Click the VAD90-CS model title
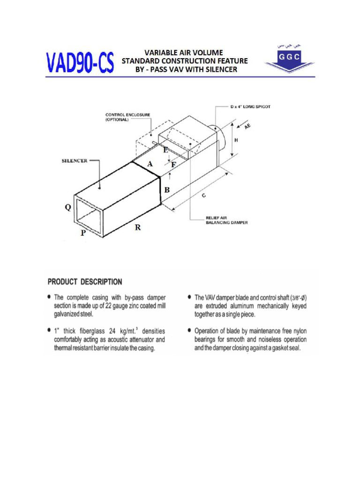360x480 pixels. [x=80, y=63]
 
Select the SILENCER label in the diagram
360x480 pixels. [x=75, y=161]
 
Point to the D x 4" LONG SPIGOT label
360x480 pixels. [x=250, y=107]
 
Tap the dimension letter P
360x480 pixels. [x=83, y=233]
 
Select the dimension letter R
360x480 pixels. [x=138, y=227]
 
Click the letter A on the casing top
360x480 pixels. [x=150, y=164]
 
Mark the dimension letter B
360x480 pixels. [x=166, y=190]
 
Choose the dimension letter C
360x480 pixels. [x=203, y=197]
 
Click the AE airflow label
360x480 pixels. [x=247, y=126]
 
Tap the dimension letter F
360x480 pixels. [x=173, y=165]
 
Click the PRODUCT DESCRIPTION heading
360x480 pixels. [x=85, y=282]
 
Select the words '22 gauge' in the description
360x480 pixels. [x=121, y=306]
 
